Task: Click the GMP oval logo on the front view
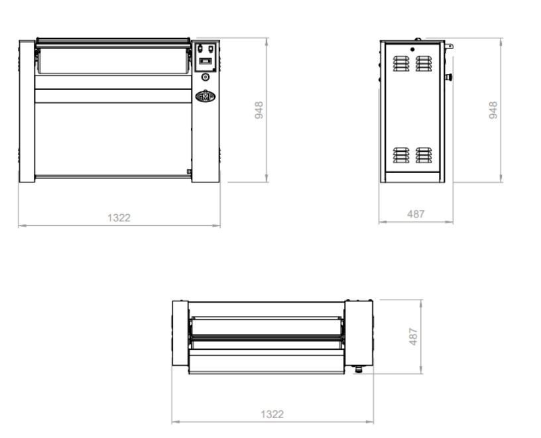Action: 206,97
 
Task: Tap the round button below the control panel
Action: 206,77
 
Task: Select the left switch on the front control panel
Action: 200,48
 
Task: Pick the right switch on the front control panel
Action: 210,48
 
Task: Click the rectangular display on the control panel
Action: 205,61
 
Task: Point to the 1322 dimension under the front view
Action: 119,218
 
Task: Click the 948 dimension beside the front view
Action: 259,110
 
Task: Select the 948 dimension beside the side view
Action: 493,110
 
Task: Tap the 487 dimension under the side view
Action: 416,214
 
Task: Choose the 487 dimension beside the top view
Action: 413,337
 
